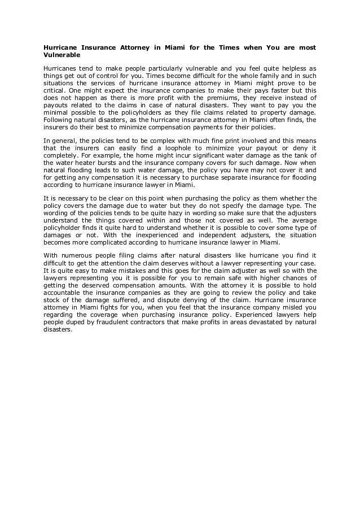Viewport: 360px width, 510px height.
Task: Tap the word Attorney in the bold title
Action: [x=135, y=47]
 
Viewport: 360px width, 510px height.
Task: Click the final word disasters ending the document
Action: [x=58, y=329]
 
